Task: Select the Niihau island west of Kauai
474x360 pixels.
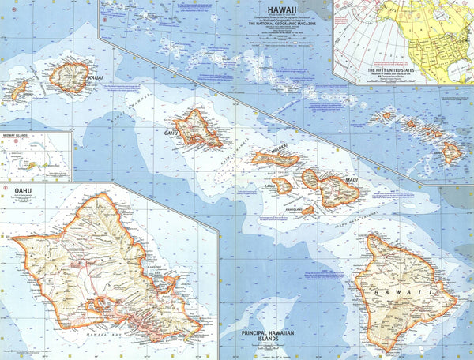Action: point(18,91)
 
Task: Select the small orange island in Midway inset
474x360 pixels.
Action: point(32,165)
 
